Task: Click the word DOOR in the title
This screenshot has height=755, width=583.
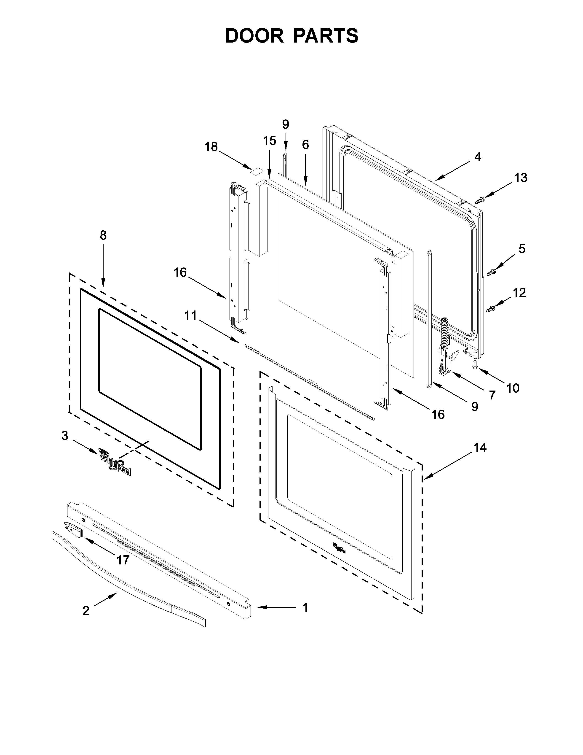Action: pos(254,36)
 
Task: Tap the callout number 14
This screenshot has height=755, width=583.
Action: pos(480,448)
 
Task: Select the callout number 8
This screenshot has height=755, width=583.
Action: pos(103,235)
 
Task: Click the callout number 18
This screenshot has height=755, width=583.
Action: pos(211,147)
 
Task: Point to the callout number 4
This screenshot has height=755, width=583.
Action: pos(477,156)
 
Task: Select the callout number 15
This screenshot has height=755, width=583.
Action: pos(269,141)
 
